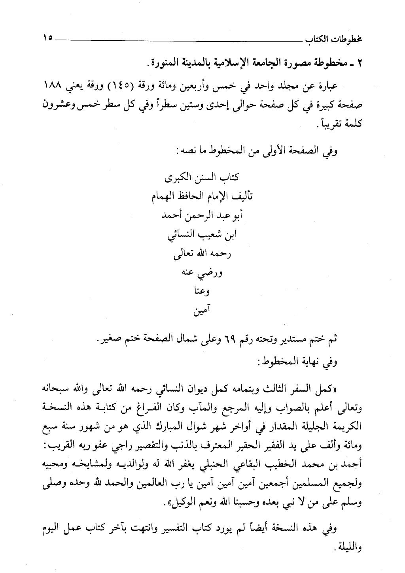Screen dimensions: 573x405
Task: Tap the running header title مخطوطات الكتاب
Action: pos(336,40)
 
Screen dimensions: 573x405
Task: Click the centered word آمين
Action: pos(202,311)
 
